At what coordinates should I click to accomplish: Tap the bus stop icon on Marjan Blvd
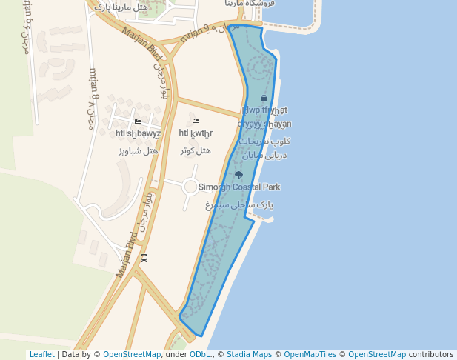pyautogui.click(x=144, y=258)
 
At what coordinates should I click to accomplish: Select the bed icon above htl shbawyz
pyautogui.click(x=139, y=121)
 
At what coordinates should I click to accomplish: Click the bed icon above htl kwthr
pyautogui.click(x=196, y=121)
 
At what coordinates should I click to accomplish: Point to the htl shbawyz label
pyautogui.click(x=139, y=134)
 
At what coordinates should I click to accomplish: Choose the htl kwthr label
pyautogui.click(x=196, y=133)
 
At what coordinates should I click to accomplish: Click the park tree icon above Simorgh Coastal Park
pyautogui.click(x=238, y=175)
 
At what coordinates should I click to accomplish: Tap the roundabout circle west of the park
pyautogui.click(x=191, y=187)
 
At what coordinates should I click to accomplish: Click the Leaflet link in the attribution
pyautogui.click(x=41, y=355)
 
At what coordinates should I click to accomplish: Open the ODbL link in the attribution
pyautogui.click(x=201, y=355)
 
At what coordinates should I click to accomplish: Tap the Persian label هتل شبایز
pyautogui.click(x=139, y=150)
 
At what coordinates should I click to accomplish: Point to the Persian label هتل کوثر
pyautogui.click(x=196, y=150)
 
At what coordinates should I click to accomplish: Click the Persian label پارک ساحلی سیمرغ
pyautogui.click(x=240, y=204)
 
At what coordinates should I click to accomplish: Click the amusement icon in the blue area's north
pyautogui.click(x=264, y=98)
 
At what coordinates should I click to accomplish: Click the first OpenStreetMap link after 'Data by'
pyautogui.click(x=132, y=355)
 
